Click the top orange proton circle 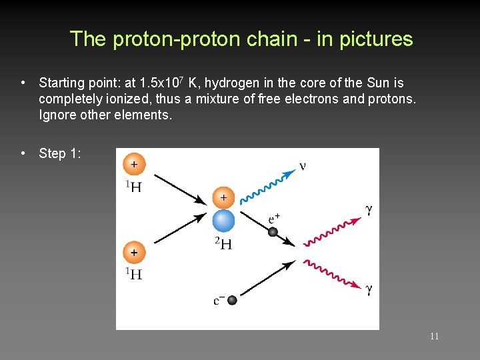tap(134, 164)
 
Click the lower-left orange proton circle tap(134, 253)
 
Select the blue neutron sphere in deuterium tap(223, 221)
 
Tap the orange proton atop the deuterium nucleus tap(223, 198)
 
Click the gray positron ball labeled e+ tap(273, 232)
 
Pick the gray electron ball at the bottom tap(232, 300)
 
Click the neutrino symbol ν tap(303, 165)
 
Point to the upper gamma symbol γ tap(369, 209)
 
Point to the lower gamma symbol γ tap(369, 289)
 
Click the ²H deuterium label tap(223, 243)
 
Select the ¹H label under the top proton tap(133, 186)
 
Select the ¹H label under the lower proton tap(133, 273)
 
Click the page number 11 tap(434, 336)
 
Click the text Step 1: tap(61, 153)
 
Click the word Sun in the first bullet tap(377, 83)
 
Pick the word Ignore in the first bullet tap(57, 115)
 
